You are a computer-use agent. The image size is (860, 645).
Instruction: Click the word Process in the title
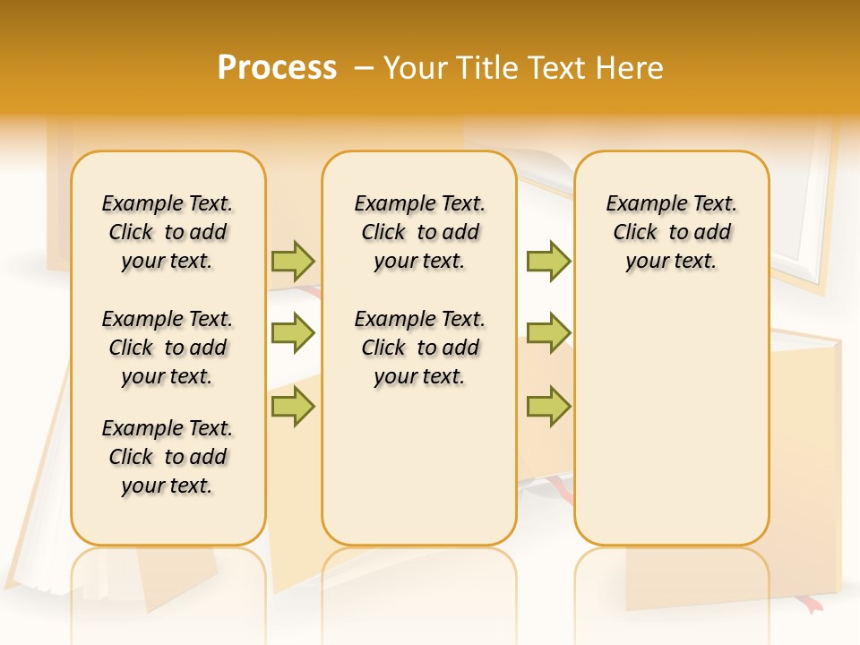pos(277,68)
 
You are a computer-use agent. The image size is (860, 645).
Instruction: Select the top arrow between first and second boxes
pos(293,262)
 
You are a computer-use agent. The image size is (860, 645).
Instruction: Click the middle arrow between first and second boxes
pos(293,333)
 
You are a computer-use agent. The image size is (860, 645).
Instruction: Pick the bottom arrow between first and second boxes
pos(293,406)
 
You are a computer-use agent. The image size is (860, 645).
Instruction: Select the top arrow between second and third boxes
pos(548,262)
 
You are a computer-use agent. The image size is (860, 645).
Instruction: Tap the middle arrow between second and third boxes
pos(548,333)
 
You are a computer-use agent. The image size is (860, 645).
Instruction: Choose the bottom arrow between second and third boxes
pos(548,406)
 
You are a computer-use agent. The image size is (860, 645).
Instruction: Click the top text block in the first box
pos(168,232)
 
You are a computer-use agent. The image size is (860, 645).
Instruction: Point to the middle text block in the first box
pos(168,348)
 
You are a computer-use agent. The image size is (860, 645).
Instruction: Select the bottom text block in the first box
pos(168,457)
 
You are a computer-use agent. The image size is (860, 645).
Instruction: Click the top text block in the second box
pos(419,232)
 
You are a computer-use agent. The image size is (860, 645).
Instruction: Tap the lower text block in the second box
pos(419,348)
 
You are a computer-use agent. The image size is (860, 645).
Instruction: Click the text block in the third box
pos(671,232)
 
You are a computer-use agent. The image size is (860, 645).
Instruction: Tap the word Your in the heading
pos(417,68)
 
